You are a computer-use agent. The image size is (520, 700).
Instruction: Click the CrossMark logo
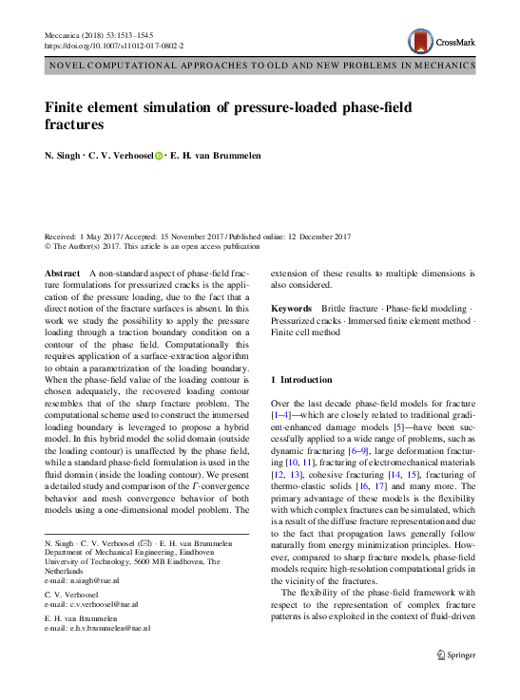[x=436, y=40]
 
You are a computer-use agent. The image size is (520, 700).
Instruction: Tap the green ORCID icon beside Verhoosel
[x=159, y=156]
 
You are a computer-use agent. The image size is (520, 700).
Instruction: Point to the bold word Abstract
[x=62, y=273]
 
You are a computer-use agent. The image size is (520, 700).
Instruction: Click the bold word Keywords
[x=291, y=309]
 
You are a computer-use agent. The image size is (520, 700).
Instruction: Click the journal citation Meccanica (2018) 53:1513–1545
[x=101, y=34]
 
